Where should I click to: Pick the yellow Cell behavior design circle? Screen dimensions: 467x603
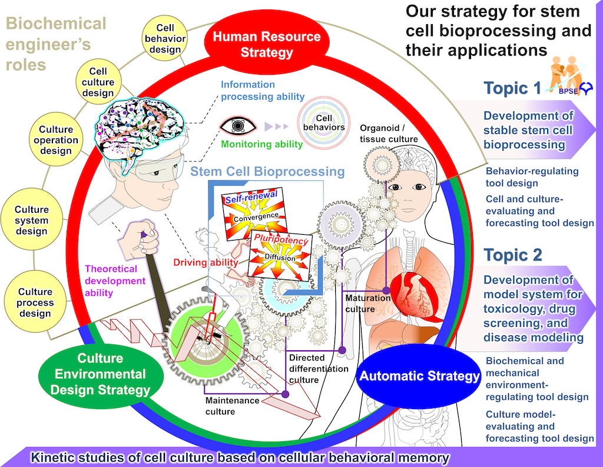tap(165, 38)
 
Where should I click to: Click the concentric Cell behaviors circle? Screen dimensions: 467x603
tap(321, 121)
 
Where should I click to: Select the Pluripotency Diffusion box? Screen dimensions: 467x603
tap(281, 255)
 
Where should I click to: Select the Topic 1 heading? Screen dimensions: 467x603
tap(512, 88)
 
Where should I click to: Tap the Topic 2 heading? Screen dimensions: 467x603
tap(512, 255)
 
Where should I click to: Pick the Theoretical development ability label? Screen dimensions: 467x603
tap(115, 281)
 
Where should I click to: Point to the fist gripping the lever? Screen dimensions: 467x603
tap(141, 236)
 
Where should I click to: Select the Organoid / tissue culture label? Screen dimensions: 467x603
tap(389, 133)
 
